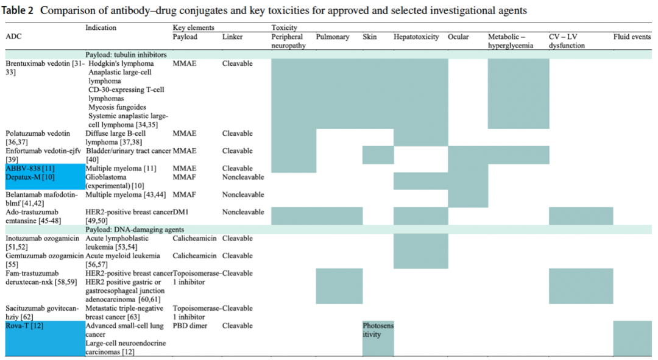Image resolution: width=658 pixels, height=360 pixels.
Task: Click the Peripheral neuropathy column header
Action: pyautogui.click(x=288, y=41)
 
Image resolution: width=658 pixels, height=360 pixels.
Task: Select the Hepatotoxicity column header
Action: pyautogui.click(x=416, y=37)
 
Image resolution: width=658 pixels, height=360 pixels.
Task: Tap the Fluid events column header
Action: pyautogui.click(x=632, y=37)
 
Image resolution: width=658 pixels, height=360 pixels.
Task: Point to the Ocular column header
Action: pyautogui.click(x=458, y=37)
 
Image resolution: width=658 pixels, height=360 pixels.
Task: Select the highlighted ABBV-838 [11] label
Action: pyautogui.click(x=30, y=169)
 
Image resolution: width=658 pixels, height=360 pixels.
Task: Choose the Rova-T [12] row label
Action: pyautogui.click(x=24, y=326)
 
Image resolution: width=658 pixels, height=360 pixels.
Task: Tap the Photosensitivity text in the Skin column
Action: pyautogui.click(x=378, y=330)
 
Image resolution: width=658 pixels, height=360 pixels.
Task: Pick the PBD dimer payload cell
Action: pyautogui.click(x=190, y=326)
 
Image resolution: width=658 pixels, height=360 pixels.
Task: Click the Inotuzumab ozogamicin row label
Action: pyautogui.click(x=42, y=242)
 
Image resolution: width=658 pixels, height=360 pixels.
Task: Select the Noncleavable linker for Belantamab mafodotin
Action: pyautogui.click(x=243, y=195)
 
